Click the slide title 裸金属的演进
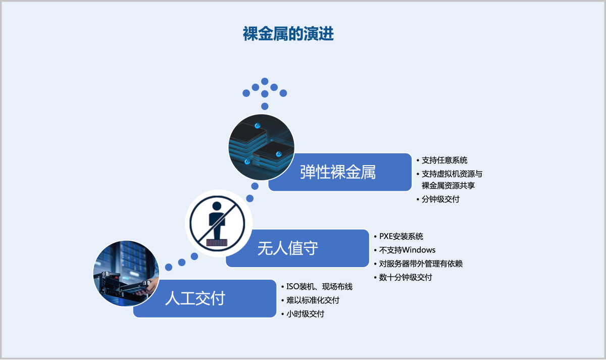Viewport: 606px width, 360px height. (288, 34)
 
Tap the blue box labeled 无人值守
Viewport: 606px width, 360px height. (297, 248)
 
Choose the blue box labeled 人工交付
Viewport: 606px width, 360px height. (204, 298)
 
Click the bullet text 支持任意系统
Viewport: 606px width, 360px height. (444, 161)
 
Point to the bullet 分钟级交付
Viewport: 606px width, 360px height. (440, 199)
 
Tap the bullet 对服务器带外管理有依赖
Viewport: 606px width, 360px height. (421, 264)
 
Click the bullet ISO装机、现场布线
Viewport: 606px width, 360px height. (319, 287)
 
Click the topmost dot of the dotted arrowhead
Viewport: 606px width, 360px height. (265, 81)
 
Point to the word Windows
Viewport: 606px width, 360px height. (418, 250)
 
